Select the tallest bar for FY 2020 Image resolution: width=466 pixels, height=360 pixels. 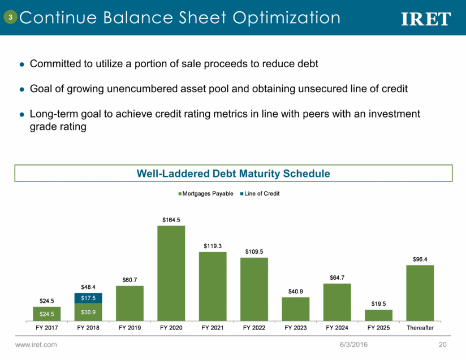(x=171, y=273)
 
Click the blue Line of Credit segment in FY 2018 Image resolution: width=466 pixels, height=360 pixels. (x=88, y=298)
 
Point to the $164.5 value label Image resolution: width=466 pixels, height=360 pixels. (x=171, y=220)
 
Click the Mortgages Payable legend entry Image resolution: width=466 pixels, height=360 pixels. (x=206, y=193)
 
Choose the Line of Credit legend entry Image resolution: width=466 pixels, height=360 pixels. (x=261, y=193)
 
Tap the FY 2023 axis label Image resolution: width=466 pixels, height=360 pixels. (x=296, y=327)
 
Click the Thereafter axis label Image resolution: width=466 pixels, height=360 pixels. (x=420, y=327)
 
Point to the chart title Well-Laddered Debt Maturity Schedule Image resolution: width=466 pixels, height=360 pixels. (x=233, y=173)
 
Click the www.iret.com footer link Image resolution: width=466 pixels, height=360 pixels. (x=36, y=344)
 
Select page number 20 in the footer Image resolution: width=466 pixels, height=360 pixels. (x=443, y=344)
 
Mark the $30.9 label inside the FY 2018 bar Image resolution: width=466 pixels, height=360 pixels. (x=88, y=312)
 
